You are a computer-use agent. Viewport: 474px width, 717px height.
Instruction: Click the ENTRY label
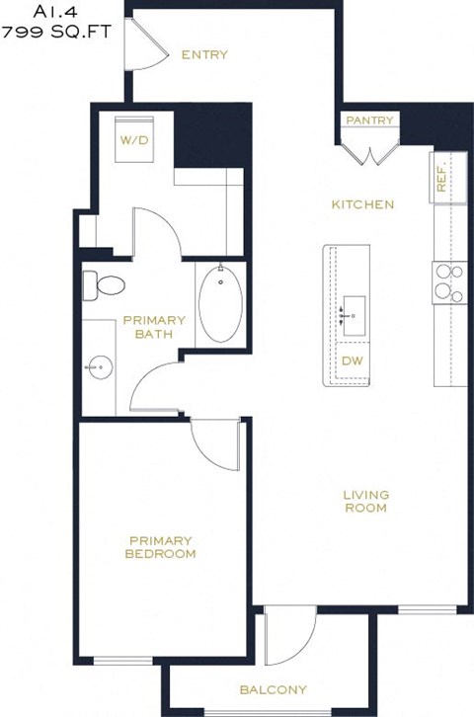[x=204, y=54]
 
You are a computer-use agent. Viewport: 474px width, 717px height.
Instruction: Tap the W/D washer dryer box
[x=134, y=140]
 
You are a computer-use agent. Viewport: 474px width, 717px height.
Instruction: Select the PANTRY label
[x=369, y=120]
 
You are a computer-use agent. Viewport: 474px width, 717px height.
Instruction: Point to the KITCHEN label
[x=362, y=204]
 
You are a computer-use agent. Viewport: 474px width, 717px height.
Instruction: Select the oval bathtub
[x=218, y=304]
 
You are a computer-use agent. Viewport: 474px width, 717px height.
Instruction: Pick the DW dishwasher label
[x=352, y=360]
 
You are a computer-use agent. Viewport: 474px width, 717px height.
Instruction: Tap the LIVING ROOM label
[x=365, y=501]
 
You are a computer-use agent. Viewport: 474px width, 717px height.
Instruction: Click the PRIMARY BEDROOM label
[x=160, y=547]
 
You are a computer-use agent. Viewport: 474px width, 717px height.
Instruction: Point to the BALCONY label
[x=273, y=690]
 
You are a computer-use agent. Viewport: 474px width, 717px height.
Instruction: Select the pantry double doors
[x=369, y=151]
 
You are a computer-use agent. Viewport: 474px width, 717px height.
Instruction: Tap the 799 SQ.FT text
[x=57, y=32]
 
